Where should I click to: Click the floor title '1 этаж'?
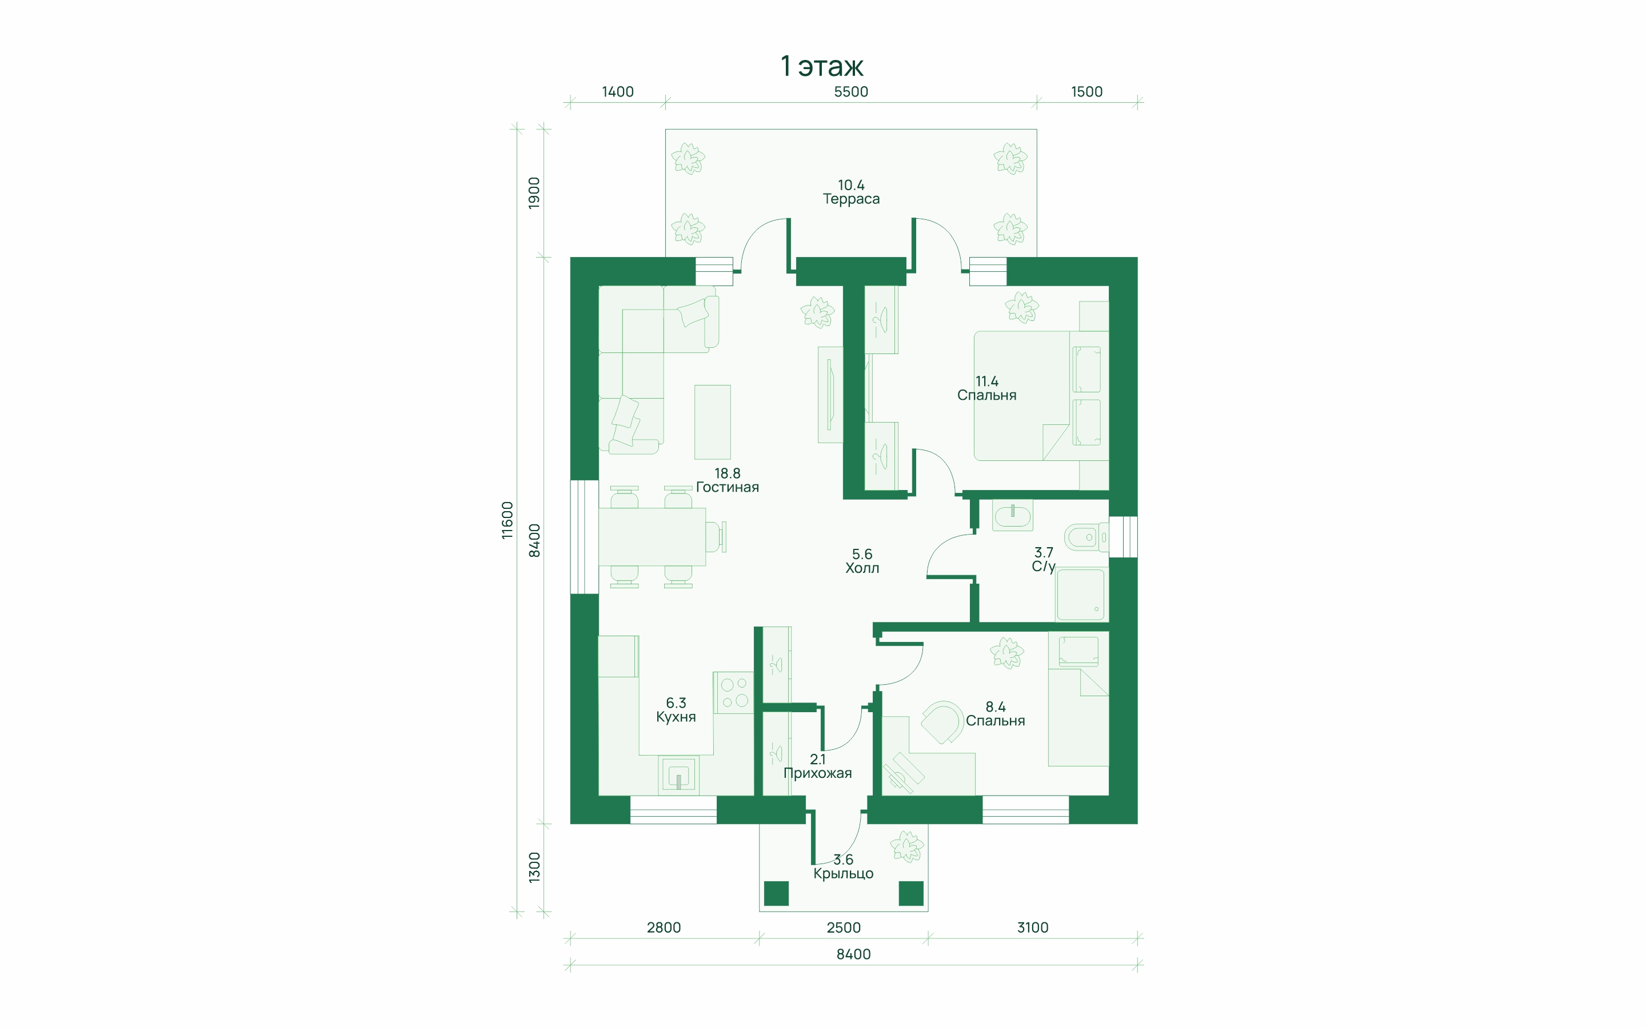click(822, 66)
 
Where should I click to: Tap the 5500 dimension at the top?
click(851, 92)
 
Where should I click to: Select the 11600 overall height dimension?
click(508, 520)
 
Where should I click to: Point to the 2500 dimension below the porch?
click(844, 927)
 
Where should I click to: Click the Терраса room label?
click(851, 199)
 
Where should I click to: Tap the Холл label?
click(862, 568)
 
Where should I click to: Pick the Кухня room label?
click(676, 717)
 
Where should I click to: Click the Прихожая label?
click(817, 773)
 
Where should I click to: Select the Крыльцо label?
click(844, 874)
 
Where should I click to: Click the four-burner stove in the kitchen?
click(734, 693)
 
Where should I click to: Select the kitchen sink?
click(679, 776)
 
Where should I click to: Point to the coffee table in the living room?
click(712, 422)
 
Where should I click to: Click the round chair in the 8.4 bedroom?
click(942, 722)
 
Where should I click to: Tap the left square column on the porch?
click(776, 893)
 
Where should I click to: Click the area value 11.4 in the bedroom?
click(987, 382)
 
